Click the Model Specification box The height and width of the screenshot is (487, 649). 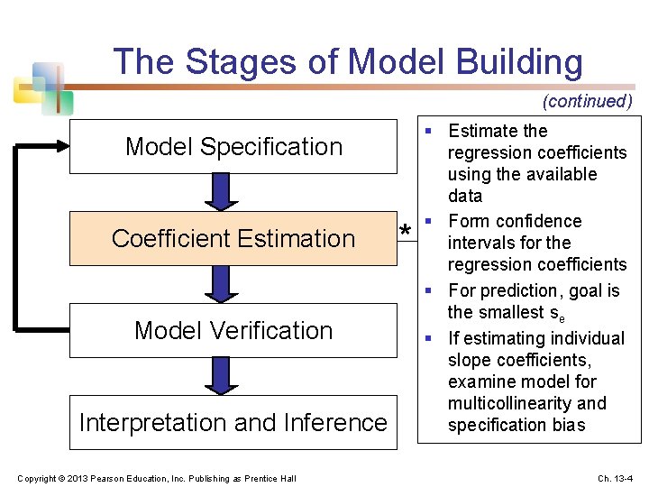[x=233, y=146]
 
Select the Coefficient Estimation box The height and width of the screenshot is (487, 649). [x=233, y=238]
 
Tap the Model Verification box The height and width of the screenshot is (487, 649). [x=233, y=330]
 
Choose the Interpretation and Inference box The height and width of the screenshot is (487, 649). [x=233, y=422]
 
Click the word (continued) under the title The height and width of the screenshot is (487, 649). [x=587, y=101]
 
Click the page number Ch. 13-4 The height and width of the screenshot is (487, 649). [x=616, y=477]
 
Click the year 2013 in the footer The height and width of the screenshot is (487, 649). [x=69, y=477]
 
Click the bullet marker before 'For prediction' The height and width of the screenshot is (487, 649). [x=434, y=290]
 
